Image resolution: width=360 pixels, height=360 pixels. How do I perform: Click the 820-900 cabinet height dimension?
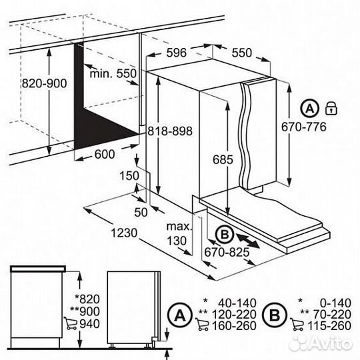click(44, 83)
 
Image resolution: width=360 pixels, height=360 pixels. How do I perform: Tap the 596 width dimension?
click(176, 53)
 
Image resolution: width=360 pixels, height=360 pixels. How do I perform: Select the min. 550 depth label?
click(113, 74)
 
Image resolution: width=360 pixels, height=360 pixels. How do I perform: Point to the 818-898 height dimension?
click(170, 131)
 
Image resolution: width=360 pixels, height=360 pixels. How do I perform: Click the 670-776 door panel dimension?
click(304, 127)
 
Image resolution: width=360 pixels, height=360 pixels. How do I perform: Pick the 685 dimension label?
click(223, 159)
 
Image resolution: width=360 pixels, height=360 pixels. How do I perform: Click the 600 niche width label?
click(105, 154)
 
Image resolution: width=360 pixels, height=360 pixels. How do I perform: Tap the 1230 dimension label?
click(124, 233)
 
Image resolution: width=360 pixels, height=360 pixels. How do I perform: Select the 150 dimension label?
click(129, 176)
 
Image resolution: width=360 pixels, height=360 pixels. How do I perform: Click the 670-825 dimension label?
click(227, 252)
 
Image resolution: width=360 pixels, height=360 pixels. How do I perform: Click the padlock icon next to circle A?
click(331, 108)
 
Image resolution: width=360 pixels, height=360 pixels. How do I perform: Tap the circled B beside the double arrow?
click(225, 235)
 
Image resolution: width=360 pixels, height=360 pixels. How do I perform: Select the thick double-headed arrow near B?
click(247, 241)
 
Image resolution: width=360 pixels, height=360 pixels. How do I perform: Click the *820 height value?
click(87, 299)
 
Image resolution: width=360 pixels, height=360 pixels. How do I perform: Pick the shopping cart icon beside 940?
click(70, 323)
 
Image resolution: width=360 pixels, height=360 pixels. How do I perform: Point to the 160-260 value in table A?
click(234, 326)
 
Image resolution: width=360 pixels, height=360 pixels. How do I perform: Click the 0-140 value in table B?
click(335, 303)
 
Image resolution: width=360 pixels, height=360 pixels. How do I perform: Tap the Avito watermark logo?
click(321, 344)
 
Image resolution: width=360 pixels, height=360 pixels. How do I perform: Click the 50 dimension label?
click(141, 213)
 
